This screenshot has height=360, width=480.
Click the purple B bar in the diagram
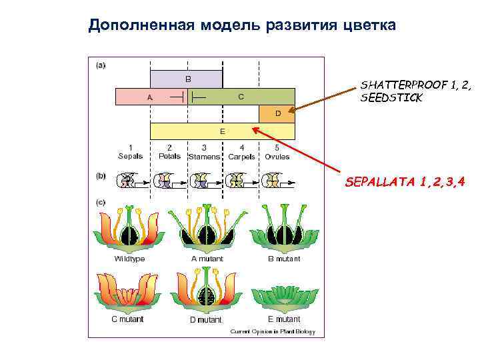186,79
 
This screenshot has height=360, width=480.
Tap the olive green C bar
241,97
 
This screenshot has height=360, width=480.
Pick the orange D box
277,114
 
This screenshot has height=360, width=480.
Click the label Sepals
131,156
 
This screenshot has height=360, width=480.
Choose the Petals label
170,156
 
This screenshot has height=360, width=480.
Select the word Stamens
205,157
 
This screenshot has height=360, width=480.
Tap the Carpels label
241,157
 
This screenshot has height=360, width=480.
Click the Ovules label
277,156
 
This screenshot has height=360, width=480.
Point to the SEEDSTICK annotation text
391,97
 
